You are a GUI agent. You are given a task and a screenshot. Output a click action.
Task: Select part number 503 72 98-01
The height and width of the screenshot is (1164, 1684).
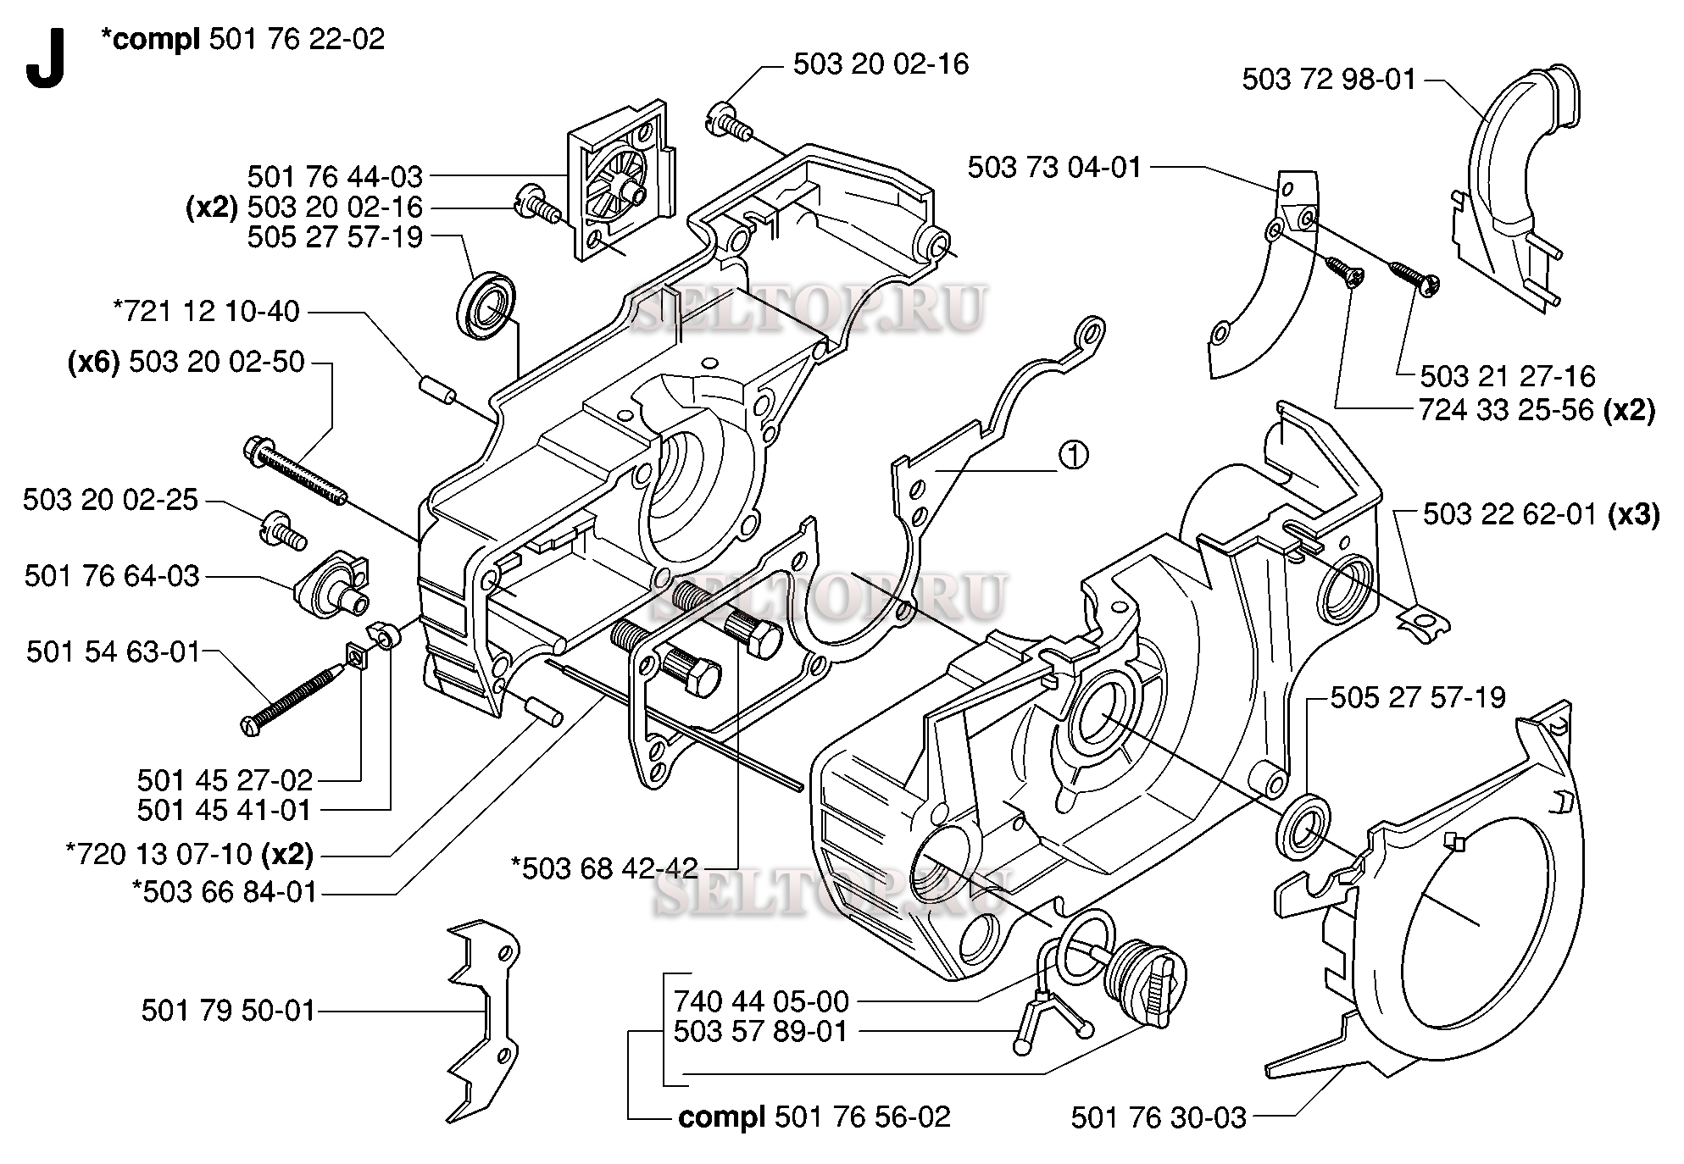point(1328,80)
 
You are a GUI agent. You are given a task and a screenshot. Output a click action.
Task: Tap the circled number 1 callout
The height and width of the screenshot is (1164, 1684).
point(1073,456)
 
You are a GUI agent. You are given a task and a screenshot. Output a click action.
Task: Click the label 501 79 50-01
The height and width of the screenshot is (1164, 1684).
point(228,1011)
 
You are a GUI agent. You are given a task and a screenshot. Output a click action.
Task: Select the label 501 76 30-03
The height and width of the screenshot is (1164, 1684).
point(1158,1118)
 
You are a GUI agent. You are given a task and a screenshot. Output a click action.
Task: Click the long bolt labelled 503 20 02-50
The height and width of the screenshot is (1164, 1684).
point(297,474)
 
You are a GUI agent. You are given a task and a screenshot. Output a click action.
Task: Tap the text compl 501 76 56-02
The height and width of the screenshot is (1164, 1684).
point(814,1117)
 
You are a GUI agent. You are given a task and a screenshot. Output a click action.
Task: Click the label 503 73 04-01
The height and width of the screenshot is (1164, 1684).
point(1054,168)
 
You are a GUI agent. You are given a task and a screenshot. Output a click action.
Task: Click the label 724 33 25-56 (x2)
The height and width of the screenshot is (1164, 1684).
point(1537,411)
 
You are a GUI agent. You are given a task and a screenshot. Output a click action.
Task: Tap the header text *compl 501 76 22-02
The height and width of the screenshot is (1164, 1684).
point(242,39)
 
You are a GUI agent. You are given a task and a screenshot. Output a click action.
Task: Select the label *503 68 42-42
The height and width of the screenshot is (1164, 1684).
point(604,867)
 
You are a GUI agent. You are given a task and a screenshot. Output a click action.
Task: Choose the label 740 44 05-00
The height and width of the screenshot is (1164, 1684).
point(760,1001)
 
